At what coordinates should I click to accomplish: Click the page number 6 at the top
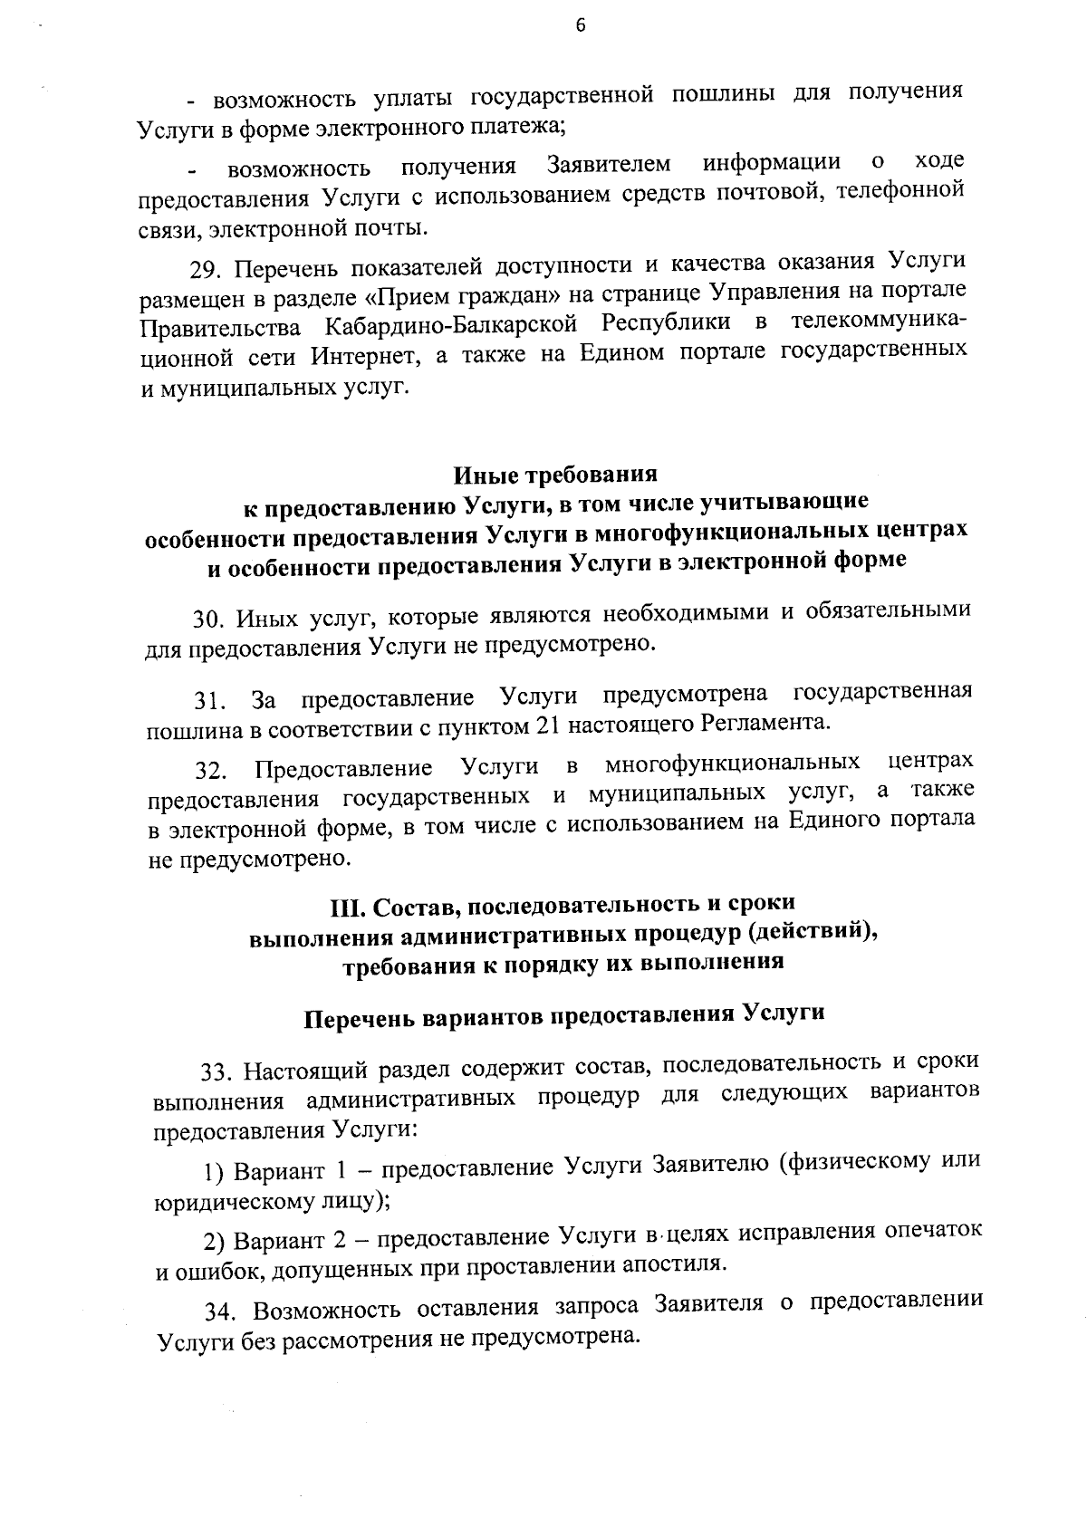tap(581, 25)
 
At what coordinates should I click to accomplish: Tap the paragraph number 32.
tap(209, 771)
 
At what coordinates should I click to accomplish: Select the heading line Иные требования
tap(554, 475)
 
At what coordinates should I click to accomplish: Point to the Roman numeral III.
tap(343, 904)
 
